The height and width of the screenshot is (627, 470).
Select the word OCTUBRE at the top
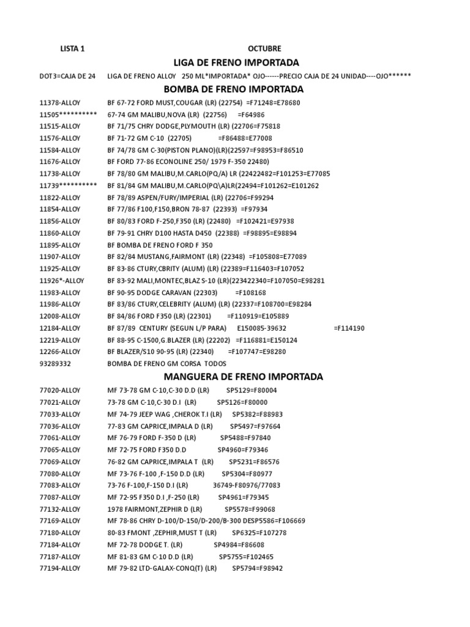[265, 48]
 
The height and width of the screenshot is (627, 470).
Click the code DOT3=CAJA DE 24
[67, 76]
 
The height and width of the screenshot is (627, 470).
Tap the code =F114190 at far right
[349, 328]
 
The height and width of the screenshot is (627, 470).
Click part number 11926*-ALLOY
[62, 280]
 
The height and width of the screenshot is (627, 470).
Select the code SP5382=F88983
[258, 415]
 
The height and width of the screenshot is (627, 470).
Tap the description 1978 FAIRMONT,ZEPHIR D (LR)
[155, 509]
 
